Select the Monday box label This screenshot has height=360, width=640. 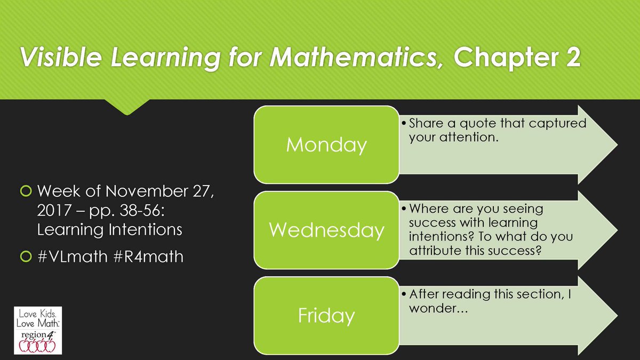point(326,145)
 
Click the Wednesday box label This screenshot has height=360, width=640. point(326,230)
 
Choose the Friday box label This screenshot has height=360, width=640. point(326,315)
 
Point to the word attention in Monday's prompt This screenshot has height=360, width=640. point(469,137)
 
